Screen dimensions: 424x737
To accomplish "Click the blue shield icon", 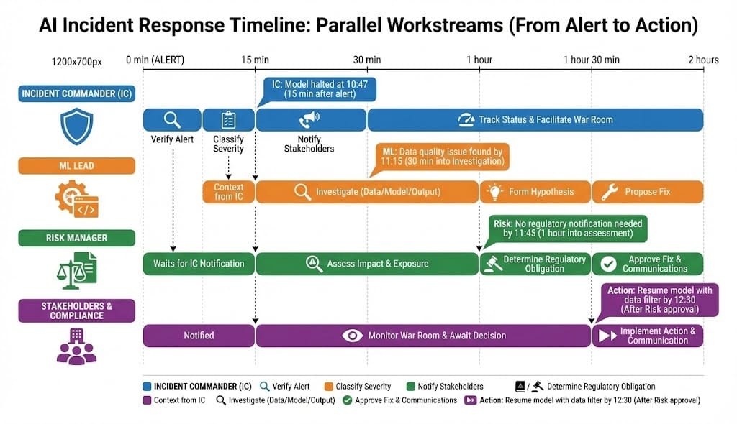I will pyautogui.click(x=76, y=126).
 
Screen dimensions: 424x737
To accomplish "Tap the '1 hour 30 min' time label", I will pyautogui.click(x=591, y=60).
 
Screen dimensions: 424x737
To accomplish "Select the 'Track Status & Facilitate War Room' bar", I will pyautogui.click(x=535, y=119).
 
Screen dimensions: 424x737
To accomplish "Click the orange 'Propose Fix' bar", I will pyautogui.click(x=647, y=192).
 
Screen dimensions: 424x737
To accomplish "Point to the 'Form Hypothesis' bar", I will pyautogui.click(x=535, y=192).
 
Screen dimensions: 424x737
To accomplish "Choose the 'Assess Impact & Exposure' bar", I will pyautogui.click(x=367, y=264).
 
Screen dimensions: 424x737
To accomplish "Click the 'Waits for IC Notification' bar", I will pyautogui.click(x=199, y=264).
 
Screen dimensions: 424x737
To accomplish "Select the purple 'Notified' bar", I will pyautogui.click(x=199, y=336).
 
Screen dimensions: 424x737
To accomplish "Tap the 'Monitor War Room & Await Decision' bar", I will pyautogui.click(x=423, y=336).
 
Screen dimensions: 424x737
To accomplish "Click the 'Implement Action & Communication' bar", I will pyautogui.click(x=647, y=336).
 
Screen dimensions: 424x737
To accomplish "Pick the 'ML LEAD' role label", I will pyautogui.click(x=77, y=166).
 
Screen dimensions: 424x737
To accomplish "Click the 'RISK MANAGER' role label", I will pyautogui.click(x=77, y=238).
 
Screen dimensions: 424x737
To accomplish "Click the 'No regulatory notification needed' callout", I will pyautogui.click(x=567, y=229).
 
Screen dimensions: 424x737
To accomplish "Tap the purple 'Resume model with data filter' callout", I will pyautogui.click(x=659, y=299).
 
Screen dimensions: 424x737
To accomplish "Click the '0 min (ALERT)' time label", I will pyautogui.click(x=155, y=60).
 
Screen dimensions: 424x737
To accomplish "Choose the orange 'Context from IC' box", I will pyautogui.click(x=229, y=192).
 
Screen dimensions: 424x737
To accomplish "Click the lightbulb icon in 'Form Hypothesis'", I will pyautogui.click(x=494, y=192).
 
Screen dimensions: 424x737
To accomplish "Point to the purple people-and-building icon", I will pyautogui.click(x=76, y=344).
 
